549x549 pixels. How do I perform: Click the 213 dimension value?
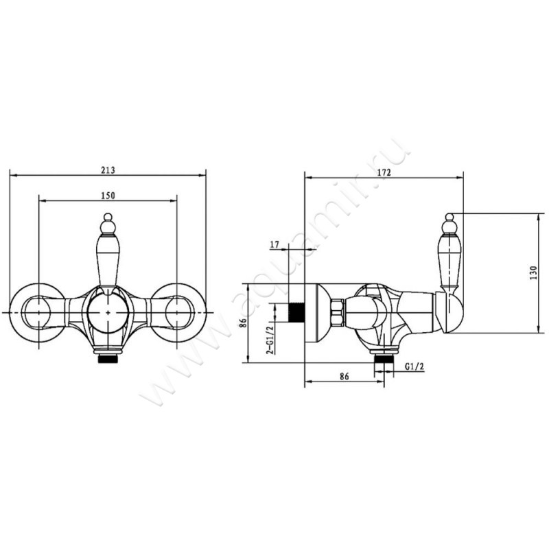(x=108, y=170)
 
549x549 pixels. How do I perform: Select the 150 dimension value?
(x=108, y=196)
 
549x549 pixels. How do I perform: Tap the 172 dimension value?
(x=384, y=172)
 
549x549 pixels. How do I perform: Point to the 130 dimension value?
(x=533, y=272)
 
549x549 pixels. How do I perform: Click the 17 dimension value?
(x=275, y=245)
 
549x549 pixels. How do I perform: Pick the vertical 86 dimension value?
(x=244, y=322)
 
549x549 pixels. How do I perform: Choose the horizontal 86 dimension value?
(x=344, y=376)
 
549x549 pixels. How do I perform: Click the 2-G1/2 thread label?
(x=270, y=340)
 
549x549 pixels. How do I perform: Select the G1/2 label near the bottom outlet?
(x=414, y=366)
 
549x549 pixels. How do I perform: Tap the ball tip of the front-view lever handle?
(x=108, y=218)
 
